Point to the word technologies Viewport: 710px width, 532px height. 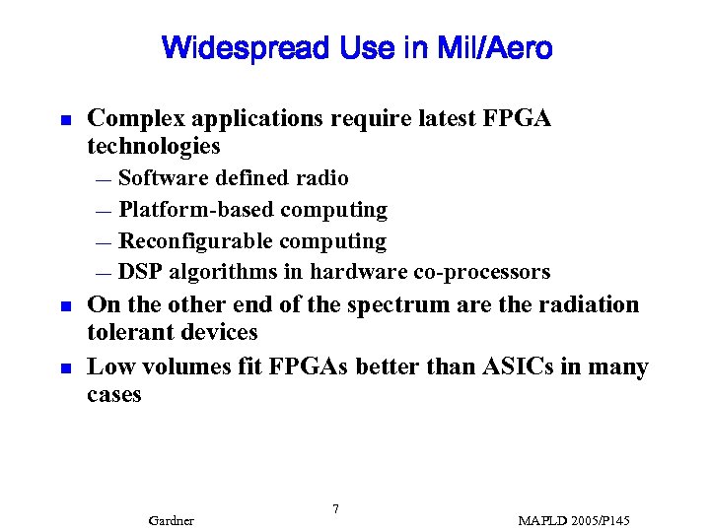[x=154, y=147]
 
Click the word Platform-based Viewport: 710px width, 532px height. [x=196, y=210]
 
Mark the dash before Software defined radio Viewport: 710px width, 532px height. [x=105, y=179]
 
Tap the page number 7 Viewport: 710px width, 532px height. [x=336, y=508]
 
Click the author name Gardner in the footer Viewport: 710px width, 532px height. [x=171, y=520]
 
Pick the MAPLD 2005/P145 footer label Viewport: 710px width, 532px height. [x=574, y=520]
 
